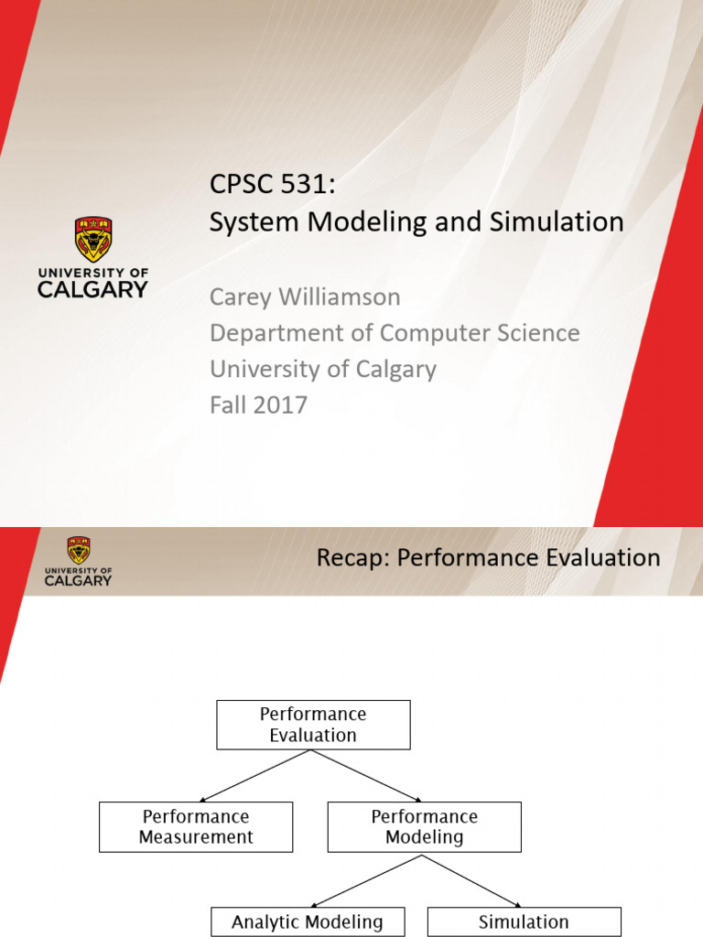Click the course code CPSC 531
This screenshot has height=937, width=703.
272,187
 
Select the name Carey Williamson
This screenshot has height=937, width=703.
305,296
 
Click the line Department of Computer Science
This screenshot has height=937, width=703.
395,332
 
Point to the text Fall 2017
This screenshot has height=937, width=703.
258,404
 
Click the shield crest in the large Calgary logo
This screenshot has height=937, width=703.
92,240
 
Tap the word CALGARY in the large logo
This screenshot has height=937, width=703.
92,289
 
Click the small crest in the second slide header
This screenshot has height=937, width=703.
79,551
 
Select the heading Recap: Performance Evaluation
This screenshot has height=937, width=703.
488,557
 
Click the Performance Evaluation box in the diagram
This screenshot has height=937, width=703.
313,725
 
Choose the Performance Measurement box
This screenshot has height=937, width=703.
196,826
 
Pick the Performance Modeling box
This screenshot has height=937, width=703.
424,826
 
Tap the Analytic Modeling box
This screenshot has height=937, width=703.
307,921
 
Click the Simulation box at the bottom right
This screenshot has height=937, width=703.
524,921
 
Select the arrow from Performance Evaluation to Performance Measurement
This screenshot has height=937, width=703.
256,775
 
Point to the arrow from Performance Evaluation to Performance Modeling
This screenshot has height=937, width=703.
368,775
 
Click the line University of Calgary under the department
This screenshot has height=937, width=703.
323,369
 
